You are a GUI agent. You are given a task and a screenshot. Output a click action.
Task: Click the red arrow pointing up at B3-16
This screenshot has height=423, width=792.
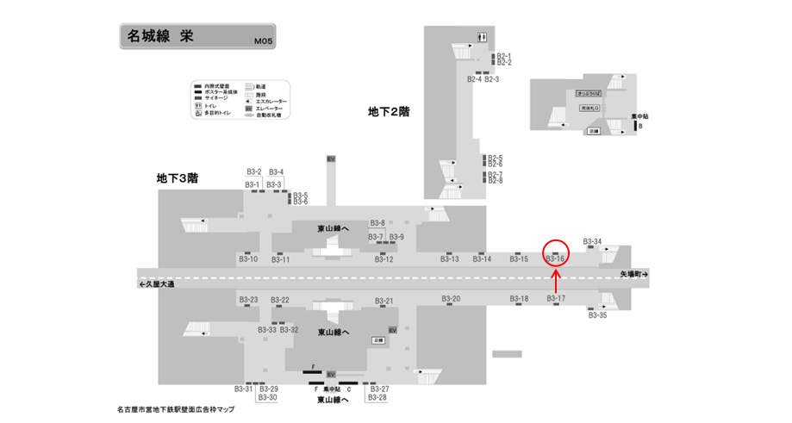[x=556, y=280]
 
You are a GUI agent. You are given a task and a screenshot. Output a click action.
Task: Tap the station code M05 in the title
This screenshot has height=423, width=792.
[x=263, y=40]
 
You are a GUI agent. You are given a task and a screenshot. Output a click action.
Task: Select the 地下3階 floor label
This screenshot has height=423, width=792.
[x=178, y=178]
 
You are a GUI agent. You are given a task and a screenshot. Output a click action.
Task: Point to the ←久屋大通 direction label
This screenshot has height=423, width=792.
[x=156, y=284]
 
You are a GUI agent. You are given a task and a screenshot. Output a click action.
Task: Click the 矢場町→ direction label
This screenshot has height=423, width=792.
[x=633, y=273]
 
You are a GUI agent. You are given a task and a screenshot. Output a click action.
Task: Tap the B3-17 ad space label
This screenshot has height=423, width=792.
[x=556, y=299]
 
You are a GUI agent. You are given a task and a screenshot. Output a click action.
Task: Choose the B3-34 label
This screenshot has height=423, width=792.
[x=592, y=241]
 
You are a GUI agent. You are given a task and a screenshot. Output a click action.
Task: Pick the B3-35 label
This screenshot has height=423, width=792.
[x=598, y=315]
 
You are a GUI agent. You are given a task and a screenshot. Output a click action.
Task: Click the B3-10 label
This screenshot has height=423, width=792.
[x=247, y=258]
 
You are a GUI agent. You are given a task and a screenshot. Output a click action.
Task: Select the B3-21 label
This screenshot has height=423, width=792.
[x=384, y=301]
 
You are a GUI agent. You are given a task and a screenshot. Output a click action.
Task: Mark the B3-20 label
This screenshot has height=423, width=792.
[x=451, y=299]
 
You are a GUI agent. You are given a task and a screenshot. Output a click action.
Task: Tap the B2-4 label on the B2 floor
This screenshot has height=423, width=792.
[x=474, y=79]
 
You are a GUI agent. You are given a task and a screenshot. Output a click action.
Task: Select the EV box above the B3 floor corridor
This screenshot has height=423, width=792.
[x=330, y=159]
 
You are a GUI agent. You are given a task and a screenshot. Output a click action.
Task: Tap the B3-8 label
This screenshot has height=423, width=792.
[x=377, y=223]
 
